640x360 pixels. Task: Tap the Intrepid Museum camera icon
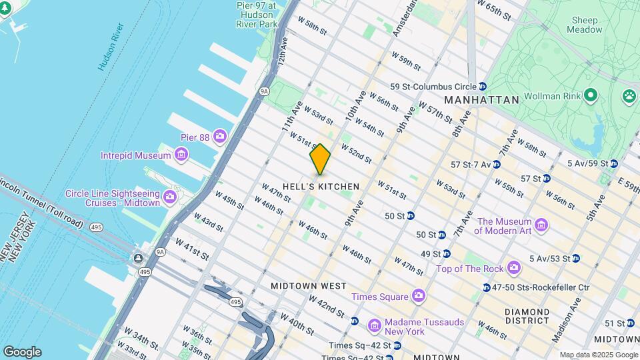click(x=181, y=155)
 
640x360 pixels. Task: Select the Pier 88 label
click(x=195, y=137)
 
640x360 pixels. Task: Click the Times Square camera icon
click(x=419, y=295)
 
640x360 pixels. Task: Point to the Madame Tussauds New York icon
click(x=375, y=326)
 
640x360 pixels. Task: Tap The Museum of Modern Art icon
click(x=541, y=225)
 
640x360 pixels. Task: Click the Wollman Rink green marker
click(x=589, y=95)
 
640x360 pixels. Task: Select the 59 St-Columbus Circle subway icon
click(x=482, y=87)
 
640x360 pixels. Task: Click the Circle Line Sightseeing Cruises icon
click(x=169, y=197)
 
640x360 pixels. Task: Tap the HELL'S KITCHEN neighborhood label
click(x=321, y=187)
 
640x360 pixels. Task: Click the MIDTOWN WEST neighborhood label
click(x=308, y=285)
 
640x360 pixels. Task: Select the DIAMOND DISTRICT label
click(x=527, y=317)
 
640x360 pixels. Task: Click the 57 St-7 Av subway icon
click(x=497, y=164)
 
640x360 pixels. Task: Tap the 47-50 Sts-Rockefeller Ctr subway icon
click(x=486, y=287)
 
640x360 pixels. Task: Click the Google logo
click(x=22, y=351)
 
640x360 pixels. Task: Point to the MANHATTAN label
click(x=481, y=100)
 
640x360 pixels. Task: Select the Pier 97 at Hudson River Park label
click(x=256, y=14)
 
